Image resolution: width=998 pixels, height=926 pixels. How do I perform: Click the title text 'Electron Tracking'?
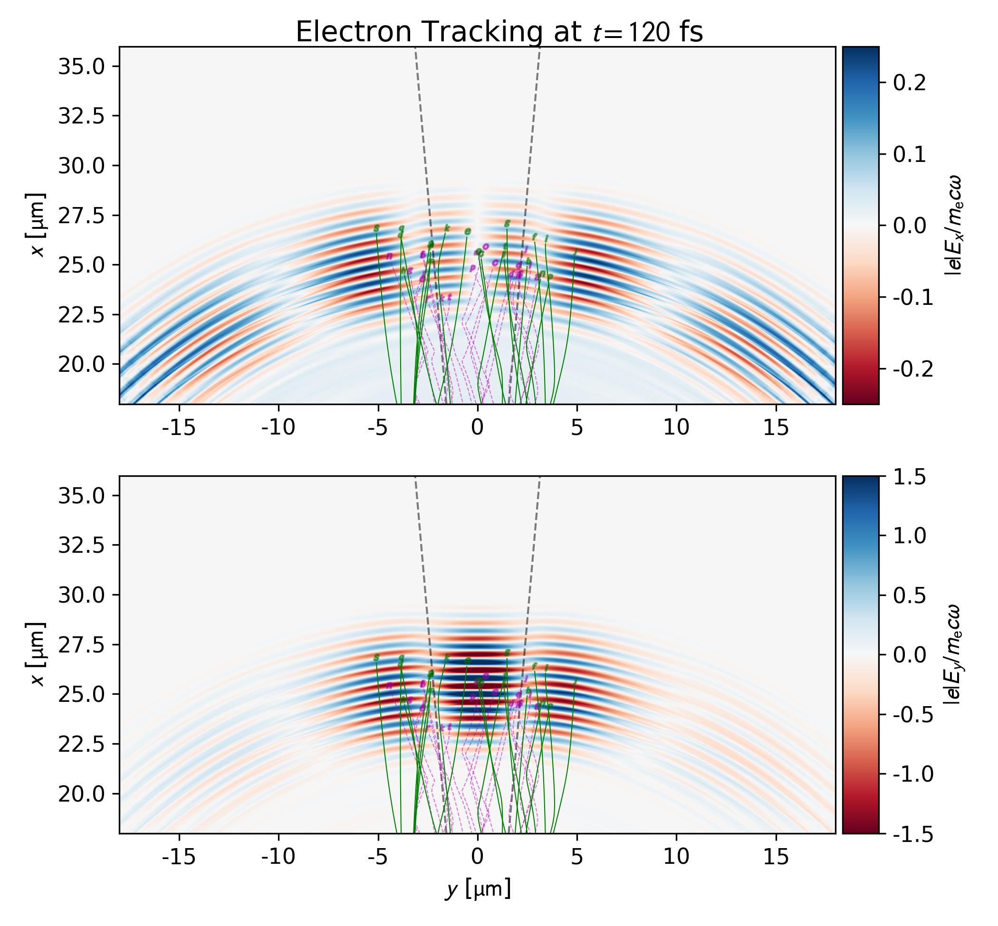419,32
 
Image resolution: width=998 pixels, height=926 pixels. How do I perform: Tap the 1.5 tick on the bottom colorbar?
909,478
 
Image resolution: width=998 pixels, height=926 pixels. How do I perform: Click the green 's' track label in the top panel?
377,228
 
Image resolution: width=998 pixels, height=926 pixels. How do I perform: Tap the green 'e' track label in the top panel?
468,231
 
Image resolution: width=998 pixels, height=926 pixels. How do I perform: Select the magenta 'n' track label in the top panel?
389,256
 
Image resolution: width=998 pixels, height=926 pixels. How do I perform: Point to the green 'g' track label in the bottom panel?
507,652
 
